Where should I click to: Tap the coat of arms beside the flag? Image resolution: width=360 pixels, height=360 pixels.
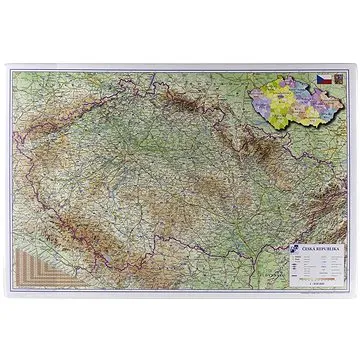coord(337,77)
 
